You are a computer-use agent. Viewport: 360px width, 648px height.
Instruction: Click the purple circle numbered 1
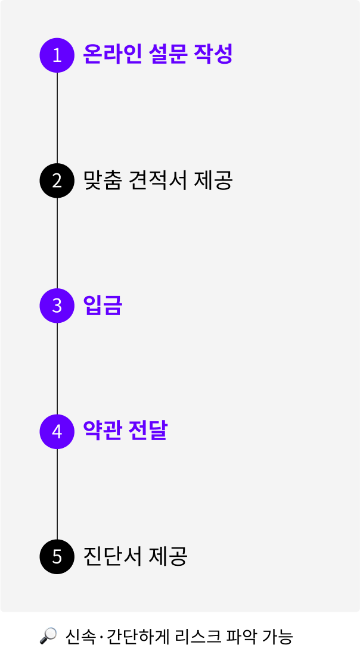[x=57, y=55]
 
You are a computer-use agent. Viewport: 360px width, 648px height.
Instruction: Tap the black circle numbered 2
[x=57, y=180]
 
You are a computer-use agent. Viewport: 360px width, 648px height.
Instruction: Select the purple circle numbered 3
[x=57, y=306]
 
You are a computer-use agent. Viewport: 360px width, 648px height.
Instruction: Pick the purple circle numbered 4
[x=57, y=431]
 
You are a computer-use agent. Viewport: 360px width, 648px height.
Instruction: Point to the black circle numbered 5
[x=57, y=556]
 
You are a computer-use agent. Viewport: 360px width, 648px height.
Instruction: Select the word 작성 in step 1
[x=213, y=54]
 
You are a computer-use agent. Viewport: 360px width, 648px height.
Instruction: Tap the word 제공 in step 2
[x=213, y=180]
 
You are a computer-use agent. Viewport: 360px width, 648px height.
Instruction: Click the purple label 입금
[x=103, y=306]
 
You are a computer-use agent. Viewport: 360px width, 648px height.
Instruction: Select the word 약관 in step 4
[x=102, y=431]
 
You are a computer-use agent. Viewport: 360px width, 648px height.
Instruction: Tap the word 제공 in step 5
[x=169, y=556]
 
